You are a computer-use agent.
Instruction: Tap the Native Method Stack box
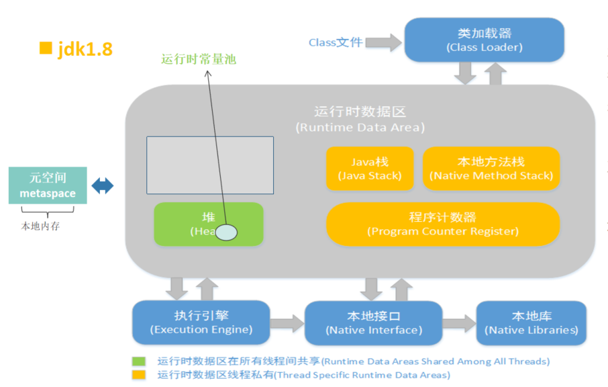(491, 169)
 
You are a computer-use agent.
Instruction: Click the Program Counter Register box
(443, 224)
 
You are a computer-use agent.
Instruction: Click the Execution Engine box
(201, 322)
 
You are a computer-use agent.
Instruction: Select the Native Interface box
(374, 322)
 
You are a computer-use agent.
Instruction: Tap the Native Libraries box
(531, 322)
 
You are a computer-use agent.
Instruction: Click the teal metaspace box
(48, 185)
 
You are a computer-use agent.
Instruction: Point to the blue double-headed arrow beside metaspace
(103, 185)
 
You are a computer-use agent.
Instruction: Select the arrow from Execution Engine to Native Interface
(287, 322)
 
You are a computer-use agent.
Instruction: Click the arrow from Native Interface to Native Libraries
(460, 322)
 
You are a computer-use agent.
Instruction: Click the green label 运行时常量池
(199, 59)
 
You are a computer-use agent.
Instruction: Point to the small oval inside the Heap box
(226, 232)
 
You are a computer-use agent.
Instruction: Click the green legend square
(139, 361)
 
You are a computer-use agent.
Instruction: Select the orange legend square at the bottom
(139, 374)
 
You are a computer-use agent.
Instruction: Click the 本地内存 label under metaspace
(41, 226)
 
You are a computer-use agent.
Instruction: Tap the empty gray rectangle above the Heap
(210, 165)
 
